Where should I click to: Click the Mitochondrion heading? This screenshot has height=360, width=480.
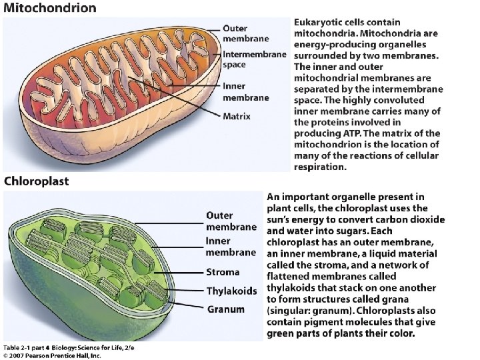click(x=50, y=9)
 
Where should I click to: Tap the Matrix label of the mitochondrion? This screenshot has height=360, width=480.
click(x=237, y=116)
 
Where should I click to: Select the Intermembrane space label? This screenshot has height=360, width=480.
click(x=254, y=59)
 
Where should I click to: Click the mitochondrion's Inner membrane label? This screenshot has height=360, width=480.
click(x=245, y=91)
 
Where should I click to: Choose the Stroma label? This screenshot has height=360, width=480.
click(x=223, y=272)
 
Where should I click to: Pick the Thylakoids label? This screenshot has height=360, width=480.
click(x=231, y=291)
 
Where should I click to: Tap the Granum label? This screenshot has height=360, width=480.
click(x=225, y=309)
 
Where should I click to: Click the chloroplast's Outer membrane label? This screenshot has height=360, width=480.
click(x=231, y=221)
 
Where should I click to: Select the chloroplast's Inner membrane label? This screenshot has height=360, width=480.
click(x=231, y=247)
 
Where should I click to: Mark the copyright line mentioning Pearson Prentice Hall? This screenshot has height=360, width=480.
click(x=52, y=355)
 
